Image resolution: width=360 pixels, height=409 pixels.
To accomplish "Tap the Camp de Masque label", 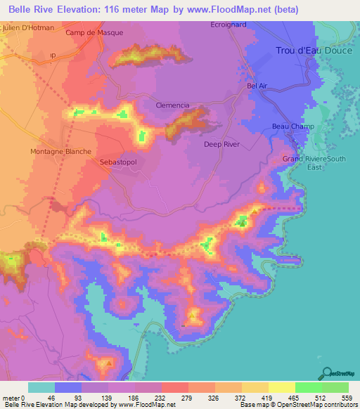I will click(x=94, y=33).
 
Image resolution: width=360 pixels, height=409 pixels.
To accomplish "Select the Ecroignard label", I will click(x=229, y=25).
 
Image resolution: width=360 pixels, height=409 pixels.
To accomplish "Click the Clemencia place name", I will click(x=173, y=105).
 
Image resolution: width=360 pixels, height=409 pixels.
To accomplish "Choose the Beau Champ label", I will click(x=292, y=126).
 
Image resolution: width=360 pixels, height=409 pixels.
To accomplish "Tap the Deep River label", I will click(x=222, y=144).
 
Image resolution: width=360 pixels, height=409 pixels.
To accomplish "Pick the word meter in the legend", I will click(x=12, y=397).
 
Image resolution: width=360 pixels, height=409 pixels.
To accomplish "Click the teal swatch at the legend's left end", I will click(x=41, y=387).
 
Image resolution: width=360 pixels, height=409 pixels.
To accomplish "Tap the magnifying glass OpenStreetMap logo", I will click(x=326, y=373).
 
